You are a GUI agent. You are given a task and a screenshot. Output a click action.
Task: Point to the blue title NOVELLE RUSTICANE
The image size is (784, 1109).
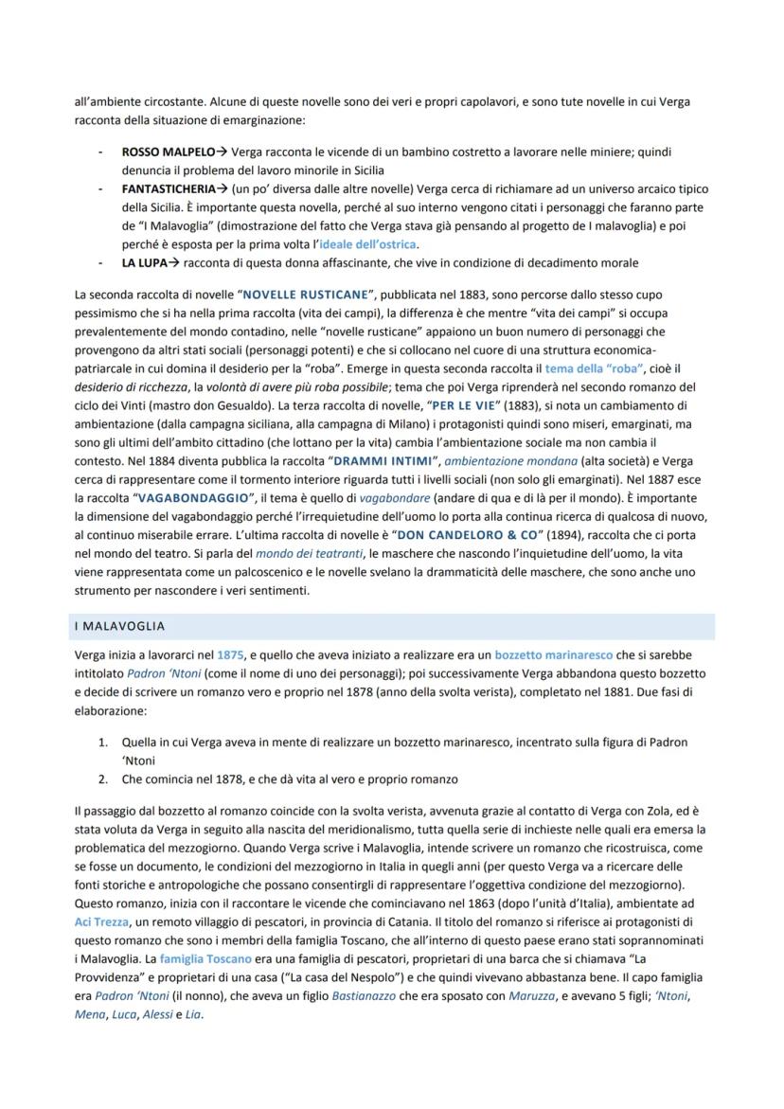click(305, 295)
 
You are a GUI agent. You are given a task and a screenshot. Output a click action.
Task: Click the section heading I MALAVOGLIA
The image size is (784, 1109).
click(119, 626)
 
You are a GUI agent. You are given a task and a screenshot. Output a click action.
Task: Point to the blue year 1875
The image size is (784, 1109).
click(230, 655)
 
